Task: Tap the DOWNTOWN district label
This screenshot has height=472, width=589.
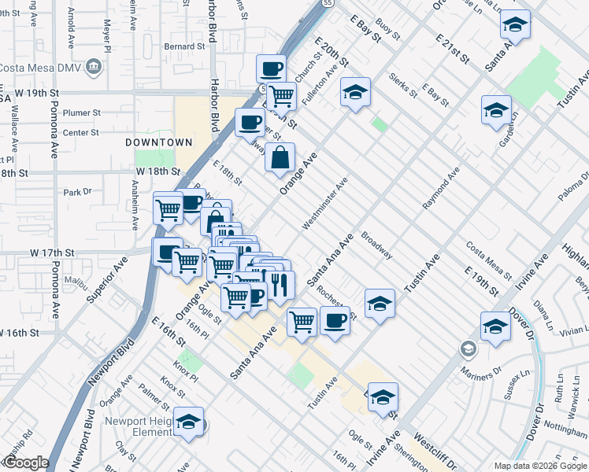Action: (158, 142)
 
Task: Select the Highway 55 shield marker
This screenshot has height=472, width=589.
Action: (325, 3)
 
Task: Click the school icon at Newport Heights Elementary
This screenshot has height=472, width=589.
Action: (189, 422)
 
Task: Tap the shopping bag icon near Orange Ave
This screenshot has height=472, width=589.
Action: (280, 158)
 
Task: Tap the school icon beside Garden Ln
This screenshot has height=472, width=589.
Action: (496, 111)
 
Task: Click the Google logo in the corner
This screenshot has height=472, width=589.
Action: (26, 463)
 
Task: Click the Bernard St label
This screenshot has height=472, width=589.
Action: (185, 46)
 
